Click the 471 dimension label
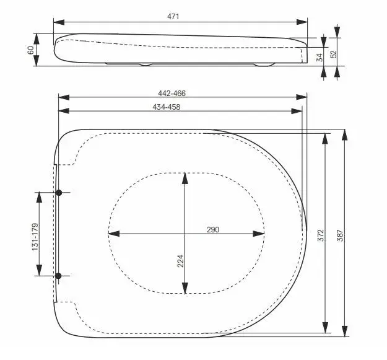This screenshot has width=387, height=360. click(x=173, y=17)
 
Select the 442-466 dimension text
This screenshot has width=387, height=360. click(x=172, y=94)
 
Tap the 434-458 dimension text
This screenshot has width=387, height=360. click(x=167, y=107)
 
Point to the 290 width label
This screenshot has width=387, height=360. click(x=213, y=230)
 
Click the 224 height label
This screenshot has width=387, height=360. click(x=181, y=261)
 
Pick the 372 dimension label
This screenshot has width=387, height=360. click(x=320, y=235)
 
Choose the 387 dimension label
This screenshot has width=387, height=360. click(x=340, y=235)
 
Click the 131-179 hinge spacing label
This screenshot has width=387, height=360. click(x=35, y=237)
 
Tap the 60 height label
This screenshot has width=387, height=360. click(x=30, y=50)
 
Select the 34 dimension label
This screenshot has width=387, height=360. click(x=320, y=58)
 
